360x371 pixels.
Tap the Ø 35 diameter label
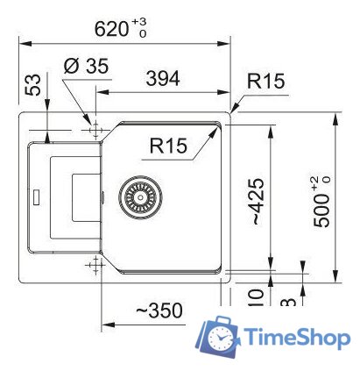85,66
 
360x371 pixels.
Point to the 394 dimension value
162,78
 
